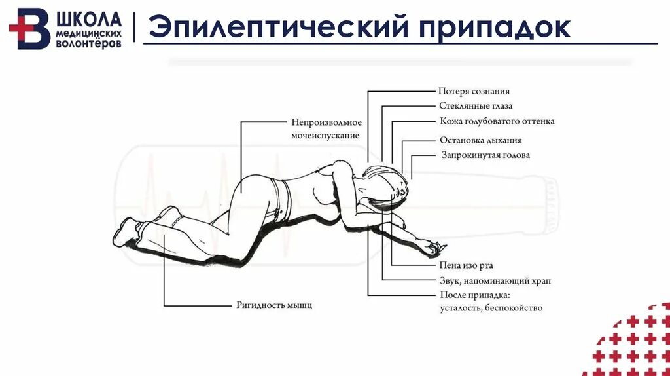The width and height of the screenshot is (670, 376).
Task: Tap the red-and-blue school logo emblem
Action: pyautogui.click(x=29, y=29)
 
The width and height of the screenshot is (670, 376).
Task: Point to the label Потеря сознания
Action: pyautogui.click(x=474, y=92)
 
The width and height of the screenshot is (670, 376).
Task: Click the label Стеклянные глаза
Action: pyautogui.click(x=475, y=106)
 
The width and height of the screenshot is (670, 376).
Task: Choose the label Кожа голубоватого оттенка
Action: pyautogui.click(x=497, y=121)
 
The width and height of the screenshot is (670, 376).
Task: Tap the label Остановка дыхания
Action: pyautogui.click(x=480, y=140)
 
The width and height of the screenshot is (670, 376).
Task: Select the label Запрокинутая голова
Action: pyautogui.click(x=485, y=155)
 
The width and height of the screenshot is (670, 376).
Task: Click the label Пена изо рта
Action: pyautogui.click(x=466, y=265)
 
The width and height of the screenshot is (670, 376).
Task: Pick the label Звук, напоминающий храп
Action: pyautogui.click(x=494, y=280)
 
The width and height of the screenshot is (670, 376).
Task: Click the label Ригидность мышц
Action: pyautogui.click(x=273, y=305)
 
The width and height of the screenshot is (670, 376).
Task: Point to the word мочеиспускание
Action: pyautogui.click(x=325, y=135)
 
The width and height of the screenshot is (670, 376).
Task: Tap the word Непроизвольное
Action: pyautogui.click(x=326, y=122)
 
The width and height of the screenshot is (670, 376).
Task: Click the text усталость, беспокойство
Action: pyautogui.click(x=491, y=308)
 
